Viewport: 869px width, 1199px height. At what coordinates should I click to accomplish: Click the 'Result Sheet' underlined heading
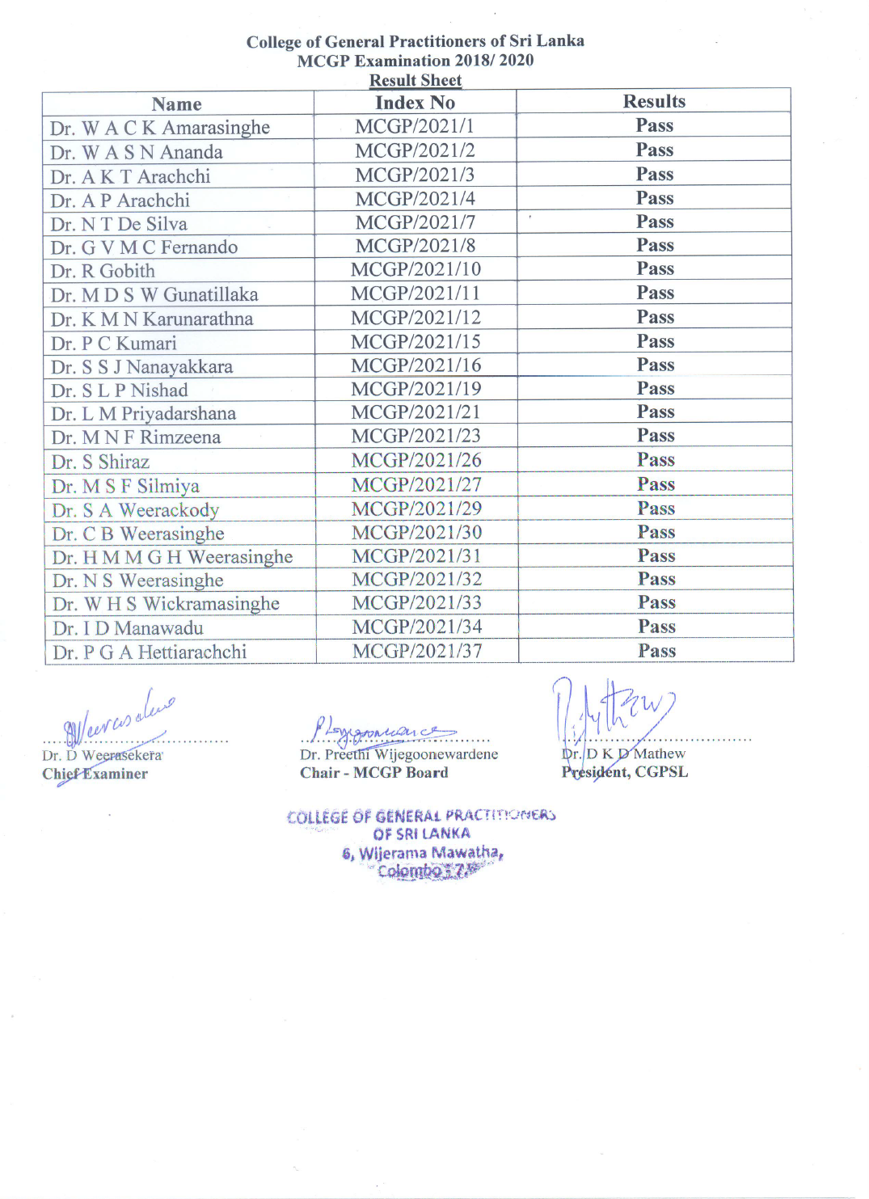click(416, 80)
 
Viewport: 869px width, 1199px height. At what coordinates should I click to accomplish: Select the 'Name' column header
click(176, 104)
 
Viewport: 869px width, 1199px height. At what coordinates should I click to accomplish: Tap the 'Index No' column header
click(415, 103)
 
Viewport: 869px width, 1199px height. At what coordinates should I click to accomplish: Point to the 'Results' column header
click(654, 101)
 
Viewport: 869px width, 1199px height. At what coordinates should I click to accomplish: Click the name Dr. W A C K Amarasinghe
click(160, 128)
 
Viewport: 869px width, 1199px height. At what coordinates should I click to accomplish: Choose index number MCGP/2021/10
click(416, 269)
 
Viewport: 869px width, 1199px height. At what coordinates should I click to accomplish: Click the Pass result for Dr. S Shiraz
click(656, 460)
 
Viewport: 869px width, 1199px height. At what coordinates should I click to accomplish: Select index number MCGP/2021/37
click(417, 651)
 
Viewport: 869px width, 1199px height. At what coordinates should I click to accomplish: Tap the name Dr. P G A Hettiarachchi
click(150, 652)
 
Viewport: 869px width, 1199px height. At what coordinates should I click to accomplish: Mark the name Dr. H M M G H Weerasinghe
click(173, 557)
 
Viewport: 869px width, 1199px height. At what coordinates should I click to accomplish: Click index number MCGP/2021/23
click(416, 436)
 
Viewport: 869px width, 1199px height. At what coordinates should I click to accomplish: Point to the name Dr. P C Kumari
click(114, 343)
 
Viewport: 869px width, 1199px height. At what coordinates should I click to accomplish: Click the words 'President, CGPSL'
click(625, 772)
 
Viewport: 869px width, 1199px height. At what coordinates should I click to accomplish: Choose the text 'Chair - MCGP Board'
click(374, 773)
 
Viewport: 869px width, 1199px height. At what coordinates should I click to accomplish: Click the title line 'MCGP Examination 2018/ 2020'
click(416, 61)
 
